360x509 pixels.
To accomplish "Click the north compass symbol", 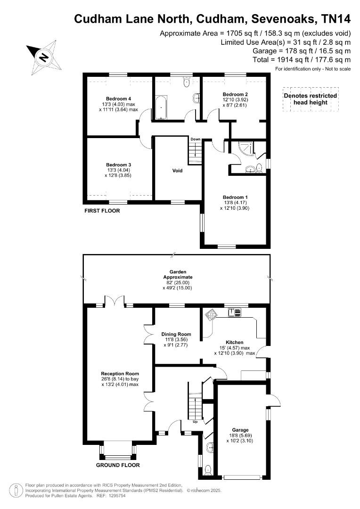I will pos(43,57).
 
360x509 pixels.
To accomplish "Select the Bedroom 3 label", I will pos(119,164).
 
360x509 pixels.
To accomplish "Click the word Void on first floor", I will pos(177,171).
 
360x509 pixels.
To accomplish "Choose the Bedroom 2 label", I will pos(234,94).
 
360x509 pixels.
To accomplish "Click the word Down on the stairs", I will pos(196,140).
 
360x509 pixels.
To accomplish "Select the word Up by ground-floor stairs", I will pos(195,421).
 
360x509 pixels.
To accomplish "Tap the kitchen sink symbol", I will pos(234,312).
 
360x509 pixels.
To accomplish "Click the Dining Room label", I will pos(176,334).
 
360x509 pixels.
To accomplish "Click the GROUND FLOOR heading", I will pos(118,465).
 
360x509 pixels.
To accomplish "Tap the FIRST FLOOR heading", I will pos(102,211).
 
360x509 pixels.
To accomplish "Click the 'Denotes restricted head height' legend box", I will pos(310,99).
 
